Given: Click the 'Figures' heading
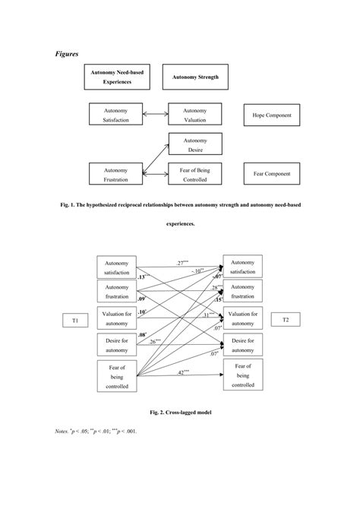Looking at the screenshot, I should pyautogui.click(x=68, y=54).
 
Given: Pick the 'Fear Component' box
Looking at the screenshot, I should pyautogui.click(x=271, y=174).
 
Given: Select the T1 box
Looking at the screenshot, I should pyautogui.click(x=75, y=321).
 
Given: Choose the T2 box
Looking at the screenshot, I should pyautogui.click(x=286, y=320).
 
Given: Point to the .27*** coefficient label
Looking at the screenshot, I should pyautogui.click(x=185, y=262).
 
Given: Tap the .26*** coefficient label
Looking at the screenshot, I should pyautogui.click(x=157, y=342).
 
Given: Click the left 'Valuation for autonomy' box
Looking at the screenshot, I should pyautogui.click(x=117, y=318).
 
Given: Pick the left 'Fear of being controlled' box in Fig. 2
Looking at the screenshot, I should pyautogui.click(x=117, y=377).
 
